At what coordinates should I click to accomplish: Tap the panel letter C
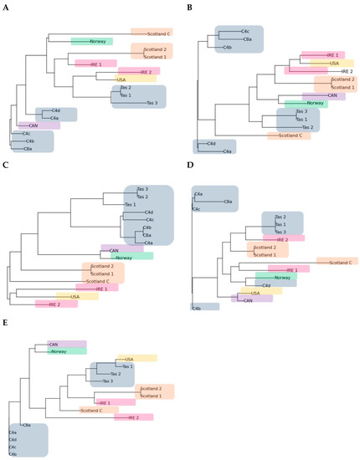tap(6, 166)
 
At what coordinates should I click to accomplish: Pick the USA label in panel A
tap(132, 79)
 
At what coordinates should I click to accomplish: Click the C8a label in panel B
tap(248, 39)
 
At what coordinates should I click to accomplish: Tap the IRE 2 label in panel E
tap(133, 417)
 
